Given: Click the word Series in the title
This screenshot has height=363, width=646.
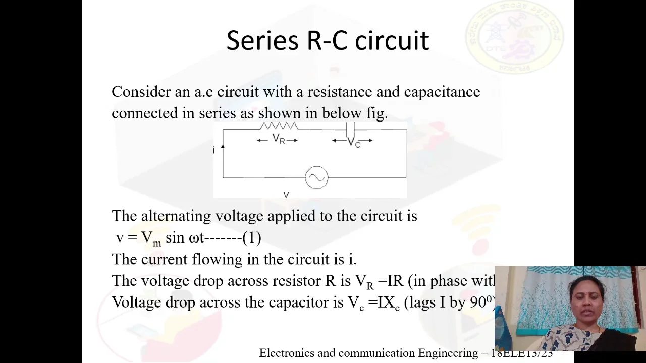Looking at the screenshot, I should (262, 41).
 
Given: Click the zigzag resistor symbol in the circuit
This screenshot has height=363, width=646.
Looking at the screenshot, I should (279, 126).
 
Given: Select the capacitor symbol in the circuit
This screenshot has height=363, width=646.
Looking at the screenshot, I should (351, 129).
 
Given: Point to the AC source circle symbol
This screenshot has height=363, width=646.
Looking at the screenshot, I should (316, 178).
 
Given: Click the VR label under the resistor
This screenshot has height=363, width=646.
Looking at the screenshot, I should (278, 139).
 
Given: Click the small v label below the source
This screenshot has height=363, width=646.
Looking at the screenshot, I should (286, 195).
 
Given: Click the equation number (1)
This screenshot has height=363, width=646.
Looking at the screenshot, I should (252, 237).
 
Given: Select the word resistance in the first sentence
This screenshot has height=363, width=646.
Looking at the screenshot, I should (340, 92).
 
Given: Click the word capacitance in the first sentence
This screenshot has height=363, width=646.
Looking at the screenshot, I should (442, 92).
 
